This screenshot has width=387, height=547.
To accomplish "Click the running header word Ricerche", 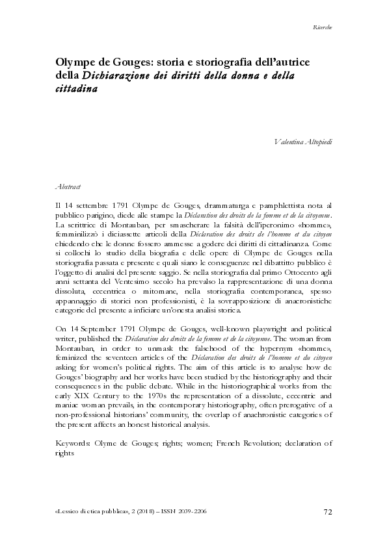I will (x=323, y=27).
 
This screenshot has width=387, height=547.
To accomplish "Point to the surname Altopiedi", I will (x=320, y=141).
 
